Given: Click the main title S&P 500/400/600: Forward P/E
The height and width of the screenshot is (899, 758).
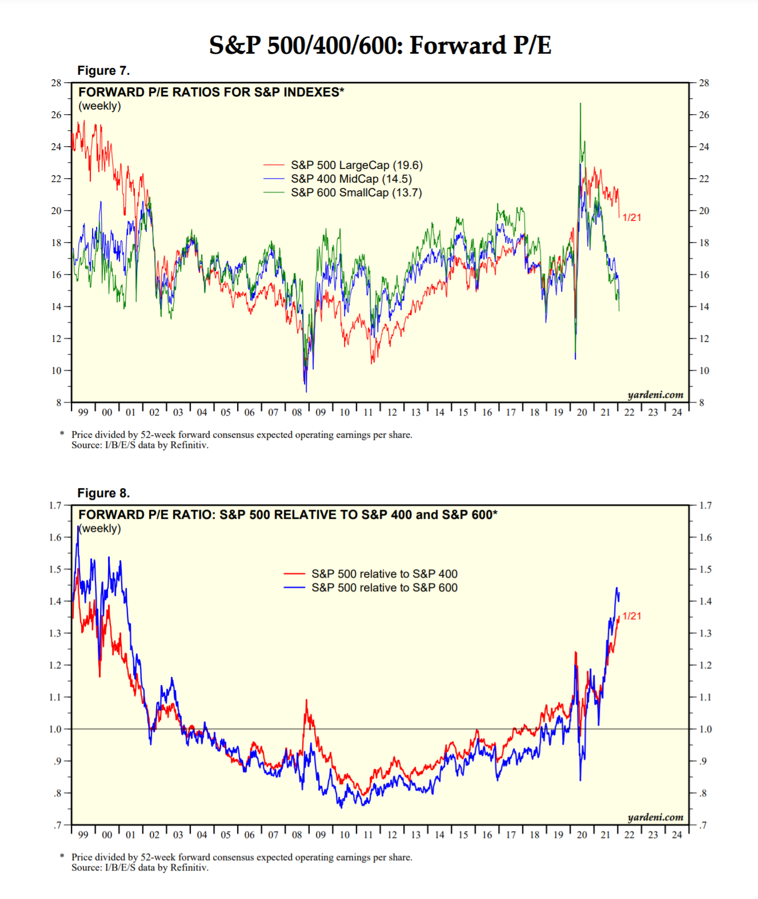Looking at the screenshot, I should coord(380,46).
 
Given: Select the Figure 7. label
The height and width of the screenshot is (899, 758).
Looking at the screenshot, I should coord(103,71).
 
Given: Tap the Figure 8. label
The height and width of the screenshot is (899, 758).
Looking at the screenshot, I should coord(103,493).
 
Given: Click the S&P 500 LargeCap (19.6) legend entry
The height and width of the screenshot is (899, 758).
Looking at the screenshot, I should coord(356,165).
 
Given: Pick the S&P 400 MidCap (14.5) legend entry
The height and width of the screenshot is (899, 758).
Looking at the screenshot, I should coord(351,179).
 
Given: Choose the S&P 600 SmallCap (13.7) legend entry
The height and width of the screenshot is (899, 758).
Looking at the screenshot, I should coord(356,192).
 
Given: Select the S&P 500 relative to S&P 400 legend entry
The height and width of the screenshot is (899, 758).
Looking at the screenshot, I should coord(384,574).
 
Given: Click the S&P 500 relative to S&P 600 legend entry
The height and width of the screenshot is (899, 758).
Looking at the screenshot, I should coord(384,587).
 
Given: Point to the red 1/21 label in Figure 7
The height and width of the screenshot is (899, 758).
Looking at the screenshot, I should coord(632,217).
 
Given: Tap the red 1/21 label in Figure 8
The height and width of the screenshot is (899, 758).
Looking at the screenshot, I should coord(632,616).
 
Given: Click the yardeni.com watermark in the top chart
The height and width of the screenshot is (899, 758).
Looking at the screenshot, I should coord(655,394).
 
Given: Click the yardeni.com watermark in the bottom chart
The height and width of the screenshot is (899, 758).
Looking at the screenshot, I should coord(655,817).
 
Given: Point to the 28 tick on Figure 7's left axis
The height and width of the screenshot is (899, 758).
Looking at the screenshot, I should coord(56,83).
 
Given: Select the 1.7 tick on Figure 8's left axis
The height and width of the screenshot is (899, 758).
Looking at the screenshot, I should coord(55,505).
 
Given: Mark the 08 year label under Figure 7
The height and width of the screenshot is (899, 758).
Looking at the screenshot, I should coord(297,412).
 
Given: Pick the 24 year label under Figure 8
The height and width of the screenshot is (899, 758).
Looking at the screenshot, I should coord(677,835).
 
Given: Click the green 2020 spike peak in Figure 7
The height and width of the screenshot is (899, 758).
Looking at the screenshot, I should coord(580,104).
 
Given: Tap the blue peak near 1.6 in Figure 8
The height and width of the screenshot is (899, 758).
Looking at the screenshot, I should coord(78,530).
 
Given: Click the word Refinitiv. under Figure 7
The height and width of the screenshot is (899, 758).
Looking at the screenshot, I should coord(190,445).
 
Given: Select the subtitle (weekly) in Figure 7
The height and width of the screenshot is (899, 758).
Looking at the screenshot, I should coord(100,106).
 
